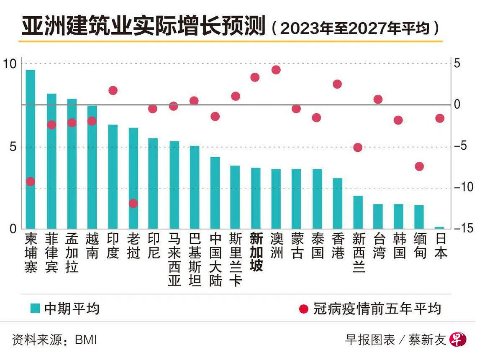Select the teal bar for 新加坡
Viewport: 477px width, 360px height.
tap(256, 198)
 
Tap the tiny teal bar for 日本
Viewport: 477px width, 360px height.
tap(439, 227)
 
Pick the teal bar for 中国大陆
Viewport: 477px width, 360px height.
tap(215, 193)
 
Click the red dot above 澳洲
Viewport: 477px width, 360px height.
tap(276, 70)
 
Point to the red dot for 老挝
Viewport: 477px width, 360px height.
tap(133, 204)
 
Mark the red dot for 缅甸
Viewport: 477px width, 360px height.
tap(419, 166)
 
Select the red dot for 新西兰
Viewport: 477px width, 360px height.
tap(358, 147)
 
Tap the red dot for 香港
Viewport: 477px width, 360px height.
tap(337, 84)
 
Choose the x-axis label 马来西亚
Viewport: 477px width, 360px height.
tap(174, 259)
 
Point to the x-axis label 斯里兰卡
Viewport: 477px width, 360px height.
tap(236, 259)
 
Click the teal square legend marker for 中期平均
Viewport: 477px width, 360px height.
tap(36, 309)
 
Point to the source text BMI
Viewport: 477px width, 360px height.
tap(86, 340)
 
